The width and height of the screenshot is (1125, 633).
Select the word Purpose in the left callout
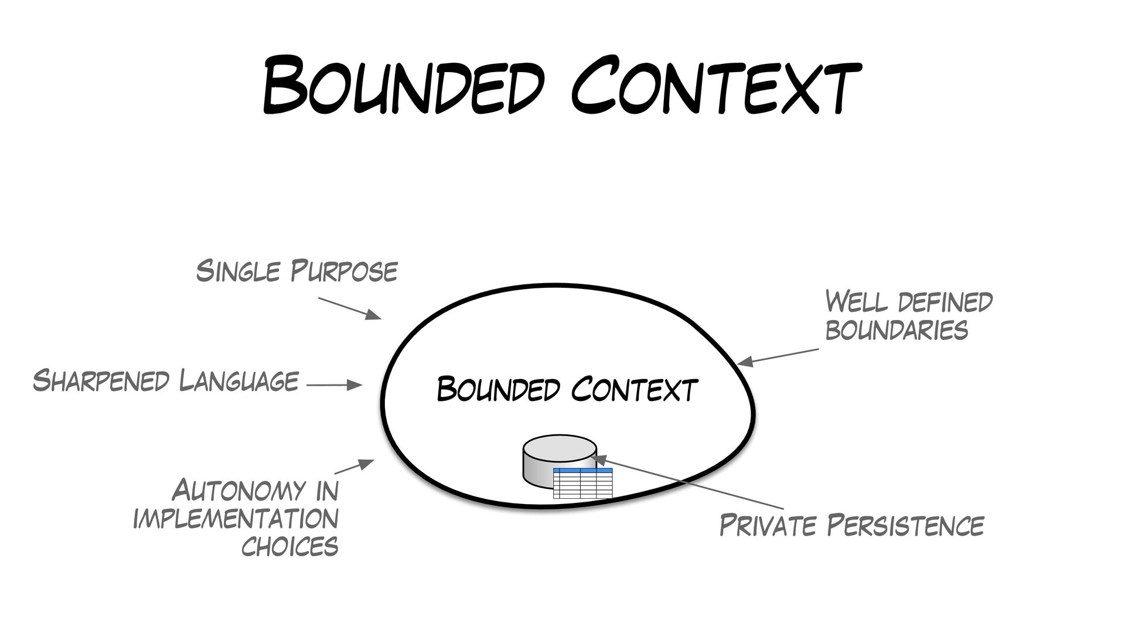[x=345, y=272]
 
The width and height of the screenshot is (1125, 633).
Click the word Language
[x=239, y=381]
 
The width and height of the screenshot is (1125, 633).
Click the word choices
[x=289, y=546]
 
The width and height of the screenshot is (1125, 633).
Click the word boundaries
[x=896, y=330]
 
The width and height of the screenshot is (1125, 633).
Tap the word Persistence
[x=905, y=525]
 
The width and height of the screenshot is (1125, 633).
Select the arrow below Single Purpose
[x=350, y=308]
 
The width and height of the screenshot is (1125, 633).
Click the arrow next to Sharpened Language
[x=334, y=385]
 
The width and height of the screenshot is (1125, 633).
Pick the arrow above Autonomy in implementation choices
[x=354, y=467]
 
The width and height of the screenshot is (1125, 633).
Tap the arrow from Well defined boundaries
[x=778, y=358]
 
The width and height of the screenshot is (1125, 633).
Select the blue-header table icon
[x=582, y=484]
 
